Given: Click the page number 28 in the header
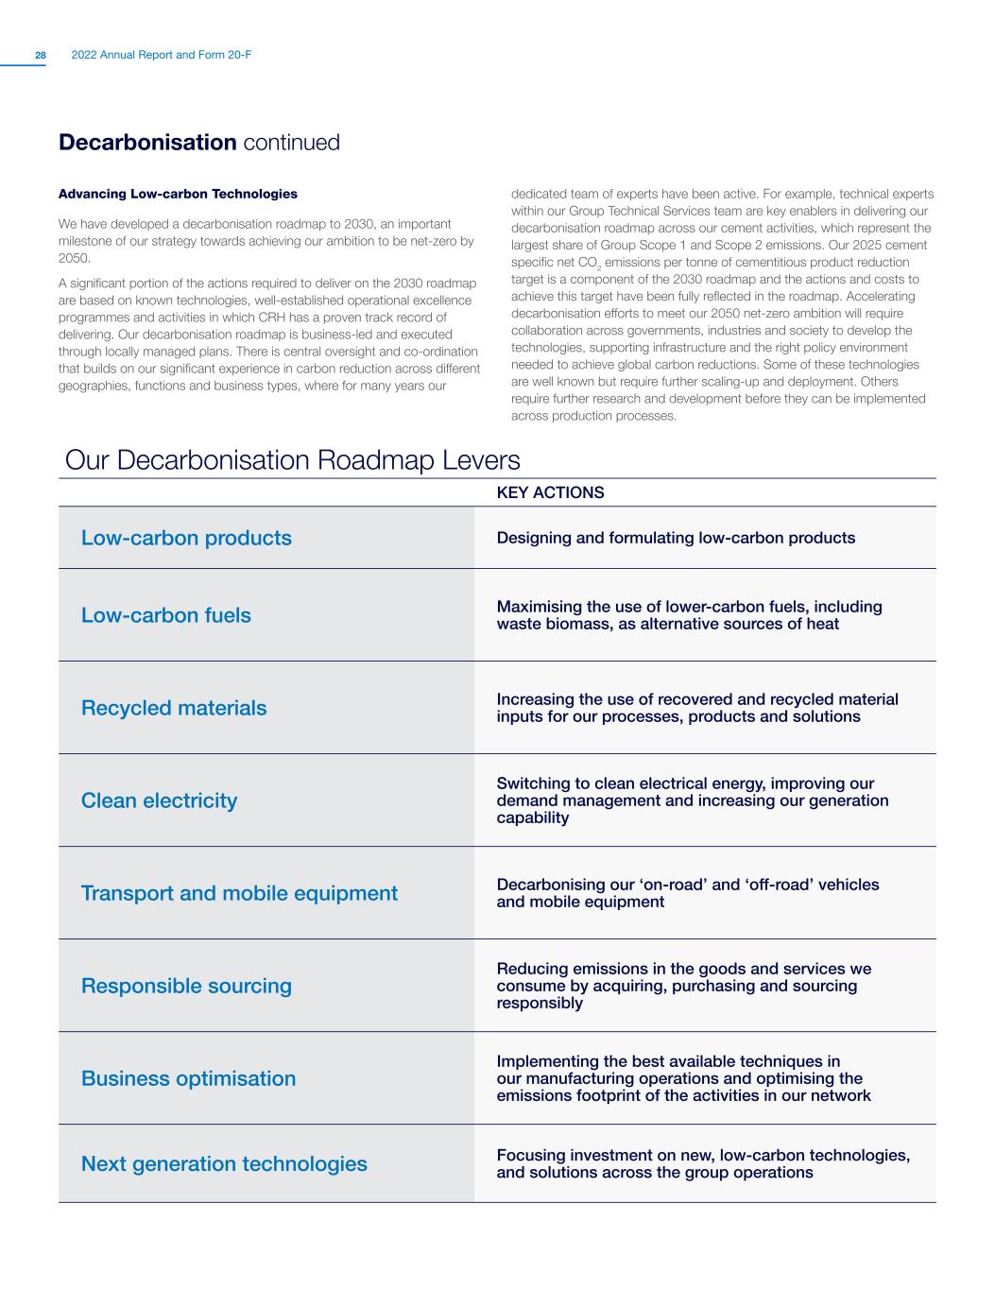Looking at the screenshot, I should coord(41,56).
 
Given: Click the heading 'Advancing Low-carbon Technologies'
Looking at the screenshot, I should coord(178,194).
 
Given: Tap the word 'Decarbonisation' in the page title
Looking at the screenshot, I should coord(146,143).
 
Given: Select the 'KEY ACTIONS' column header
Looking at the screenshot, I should coord(550,492).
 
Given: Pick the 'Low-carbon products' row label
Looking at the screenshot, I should coord(186,538).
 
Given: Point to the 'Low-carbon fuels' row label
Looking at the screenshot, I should coord(166,615).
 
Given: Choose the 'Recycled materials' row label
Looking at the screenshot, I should coord(174,708).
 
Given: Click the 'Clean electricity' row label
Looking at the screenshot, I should coord(159,800).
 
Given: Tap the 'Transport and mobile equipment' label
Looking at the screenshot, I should coord(239,893).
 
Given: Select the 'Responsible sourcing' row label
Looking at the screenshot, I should coord(186,986).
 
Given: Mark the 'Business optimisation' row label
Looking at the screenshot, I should coord(188,1078).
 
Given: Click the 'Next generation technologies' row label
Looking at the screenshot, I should coord(224,1163).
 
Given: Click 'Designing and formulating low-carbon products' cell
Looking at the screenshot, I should coord(676,538).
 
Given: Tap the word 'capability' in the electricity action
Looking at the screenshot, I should coord(533,817).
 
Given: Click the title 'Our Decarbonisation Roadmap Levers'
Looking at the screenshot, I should coord(293,460).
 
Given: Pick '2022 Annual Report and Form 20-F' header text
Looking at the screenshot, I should coord(161,56).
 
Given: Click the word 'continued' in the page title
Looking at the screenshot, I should coord(291,143).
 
